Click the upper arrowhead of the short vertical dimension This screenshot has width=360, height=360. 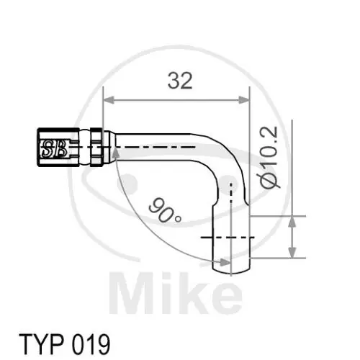click(292, 220)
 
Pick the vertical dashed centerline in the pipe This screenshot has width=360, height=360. click(231, 209)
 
